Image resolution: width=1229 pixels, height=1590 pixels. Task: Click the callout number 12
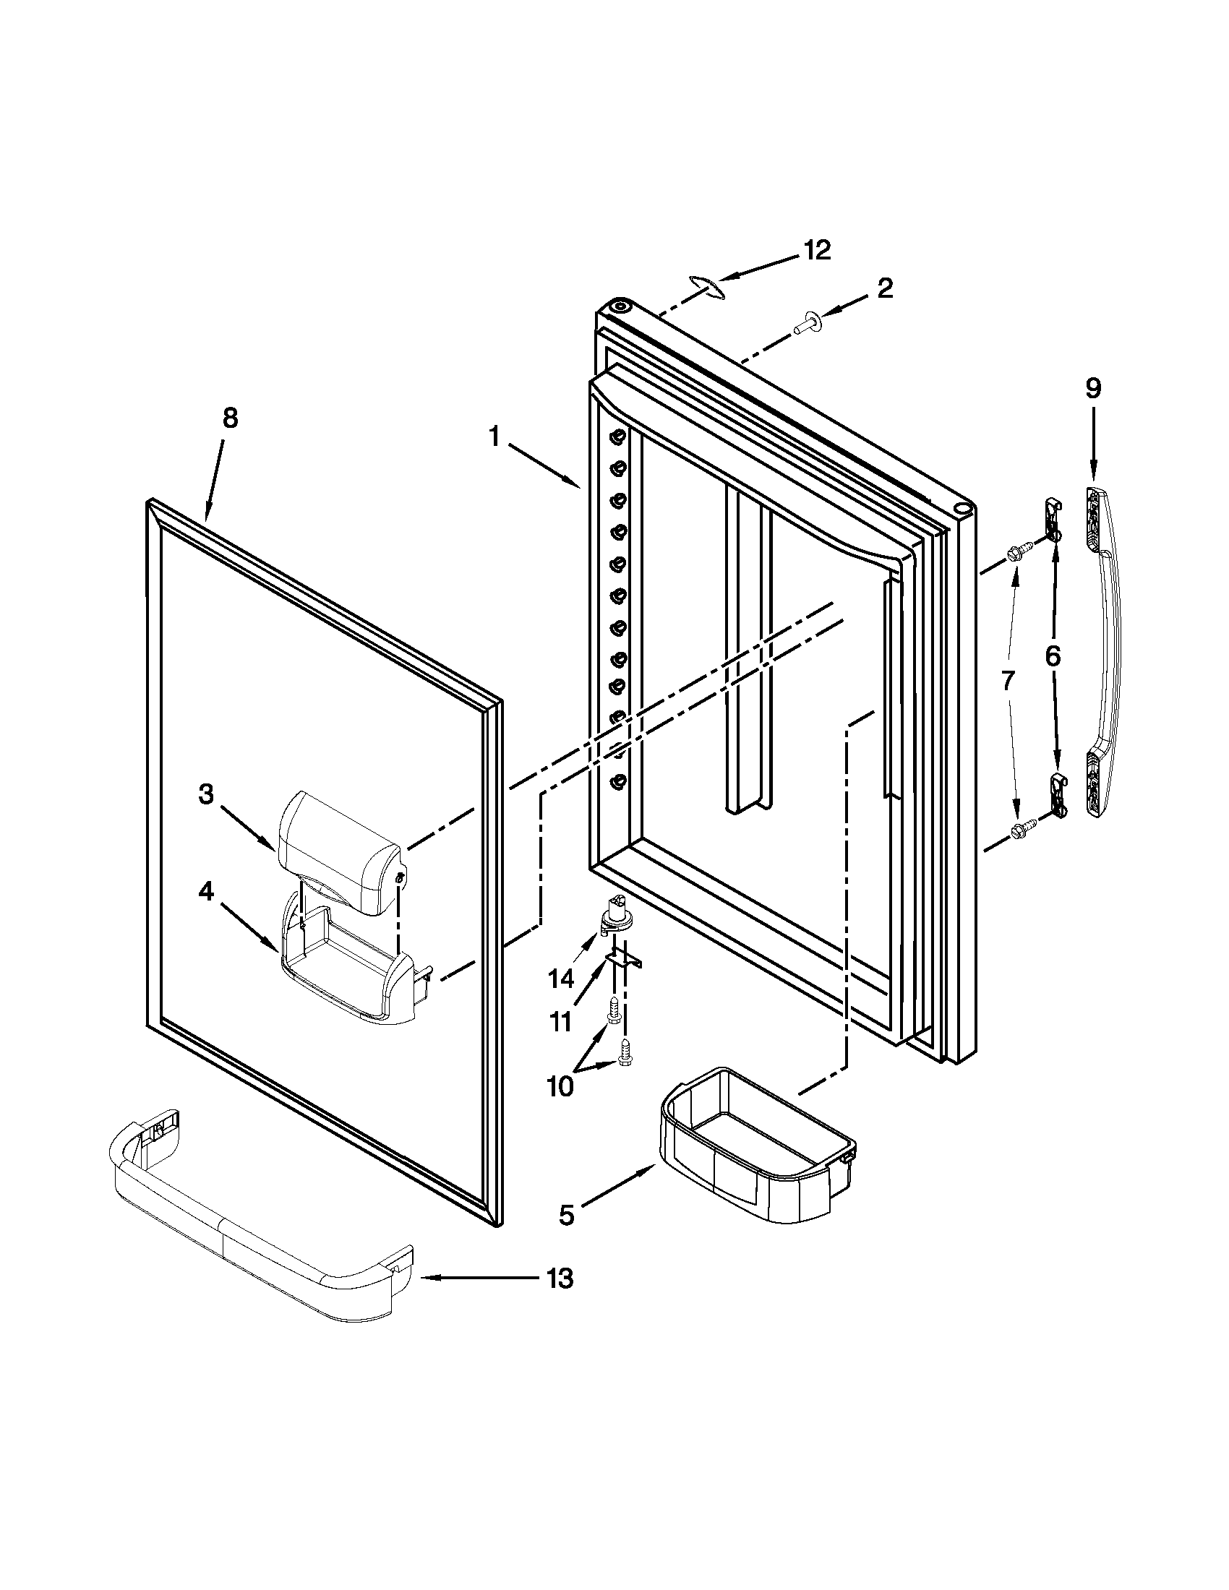pyautogui.click(x=817, y=251)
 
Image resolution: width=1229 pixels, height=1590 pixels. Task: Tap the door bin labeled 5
pyautogui.click(x=753, y=1147)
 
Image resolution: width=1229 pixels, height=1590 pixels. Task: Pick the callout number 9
pyautogui.click(x=1094, y=389)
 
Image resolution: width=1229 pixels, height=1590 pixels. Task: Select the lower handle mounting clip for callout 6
pyautogui.click(x=1057, y=794)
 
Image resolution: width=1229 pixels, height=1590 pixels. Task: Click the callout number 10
pyautogui.click(x=560, y=1086)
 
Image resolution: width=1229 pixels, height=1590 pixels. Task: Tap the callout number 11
pyautogui.click(x=560, y=1023)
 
